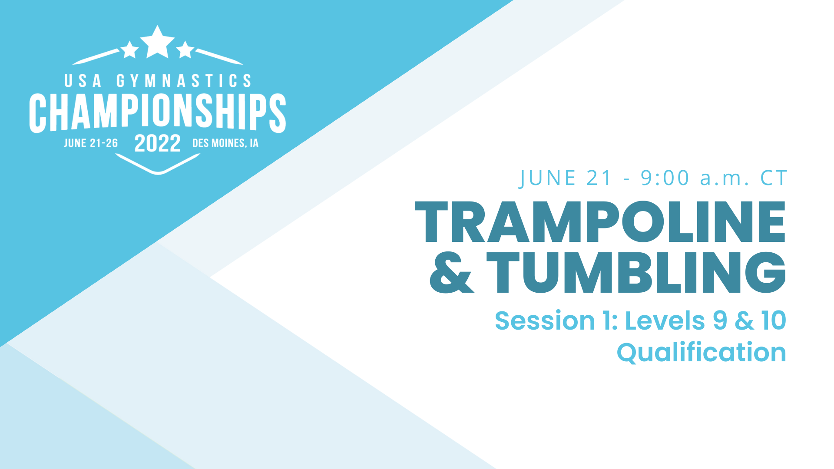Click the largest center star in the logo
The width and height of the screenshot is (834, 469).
157,43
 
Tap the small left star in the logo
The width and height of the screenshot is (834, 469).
129,50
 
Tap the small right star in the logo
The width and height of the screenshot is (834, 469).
185,50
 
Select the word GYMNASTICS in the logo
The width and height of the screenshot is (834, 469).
184,81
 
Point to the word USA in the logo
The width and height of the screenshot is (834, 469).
83,81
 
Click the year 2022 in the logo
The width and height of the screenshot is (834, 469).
157,143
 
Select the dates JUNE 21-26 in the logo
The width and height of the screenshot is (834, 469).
91,143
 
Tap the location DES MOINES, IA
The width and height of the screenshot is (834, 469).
225,143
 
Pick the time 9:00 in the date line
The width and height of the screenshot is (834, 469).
665,178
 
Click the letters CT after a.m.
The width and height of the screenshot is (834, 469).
774,178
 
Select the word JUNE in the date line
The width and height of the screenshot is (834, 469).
548,178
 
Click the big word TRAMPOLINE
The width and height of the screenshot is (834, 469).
600,222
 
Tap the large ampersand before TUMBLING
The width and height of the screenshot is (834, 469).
451,273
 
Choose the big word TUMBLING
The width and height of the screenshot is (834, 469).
636,273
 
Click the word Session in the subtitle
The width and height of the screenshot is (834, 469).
545,321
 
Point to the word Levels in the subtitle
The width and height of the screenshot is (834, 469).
665,321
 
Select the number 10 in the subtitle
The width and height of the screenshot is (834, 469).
774,321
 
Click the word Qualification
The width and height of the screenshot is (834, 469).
701,352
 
